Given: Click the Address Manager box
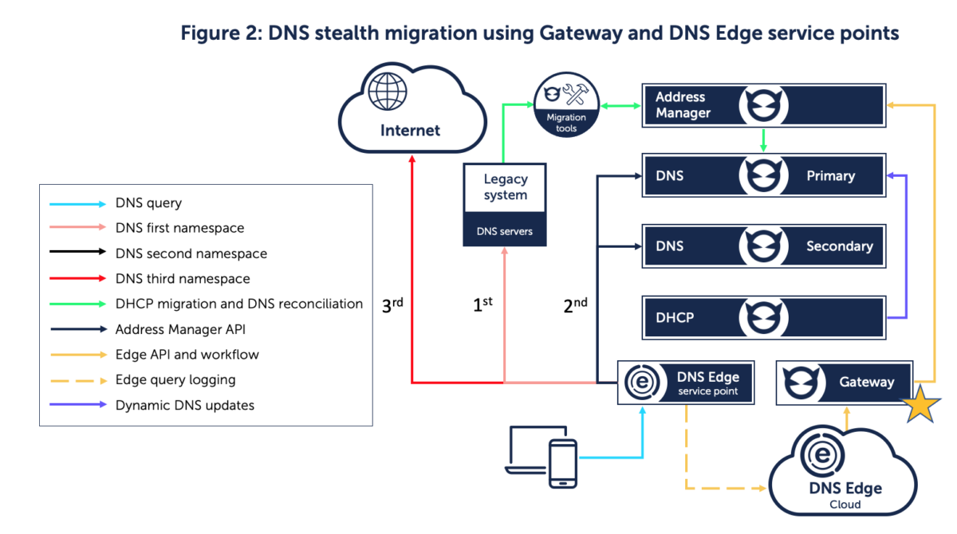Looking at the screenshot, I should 763,105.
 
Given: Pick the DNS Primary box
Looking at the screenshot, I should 763,175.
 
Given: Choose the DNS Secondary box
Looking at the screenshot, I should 763,246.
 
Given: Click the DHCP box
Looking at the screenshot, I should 763,317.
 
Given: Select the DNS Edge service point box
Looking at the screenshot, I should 687,383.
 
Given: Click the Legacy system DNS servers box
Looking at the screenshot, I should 505,204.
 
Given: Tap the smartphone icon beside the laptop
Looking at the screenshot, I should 563,462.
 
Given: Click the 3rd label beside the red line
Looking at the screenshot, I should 392,305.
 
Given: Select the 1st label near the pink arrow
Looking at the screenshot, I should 482,305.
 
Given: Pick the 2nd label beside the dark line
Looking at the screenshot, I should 575,305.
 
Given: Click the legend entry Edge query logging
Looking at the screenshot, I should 175,379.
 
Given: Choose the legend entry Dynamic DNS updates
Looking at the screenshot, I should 184,405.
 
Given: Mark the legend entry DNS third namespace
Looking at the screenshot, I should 183,279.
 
